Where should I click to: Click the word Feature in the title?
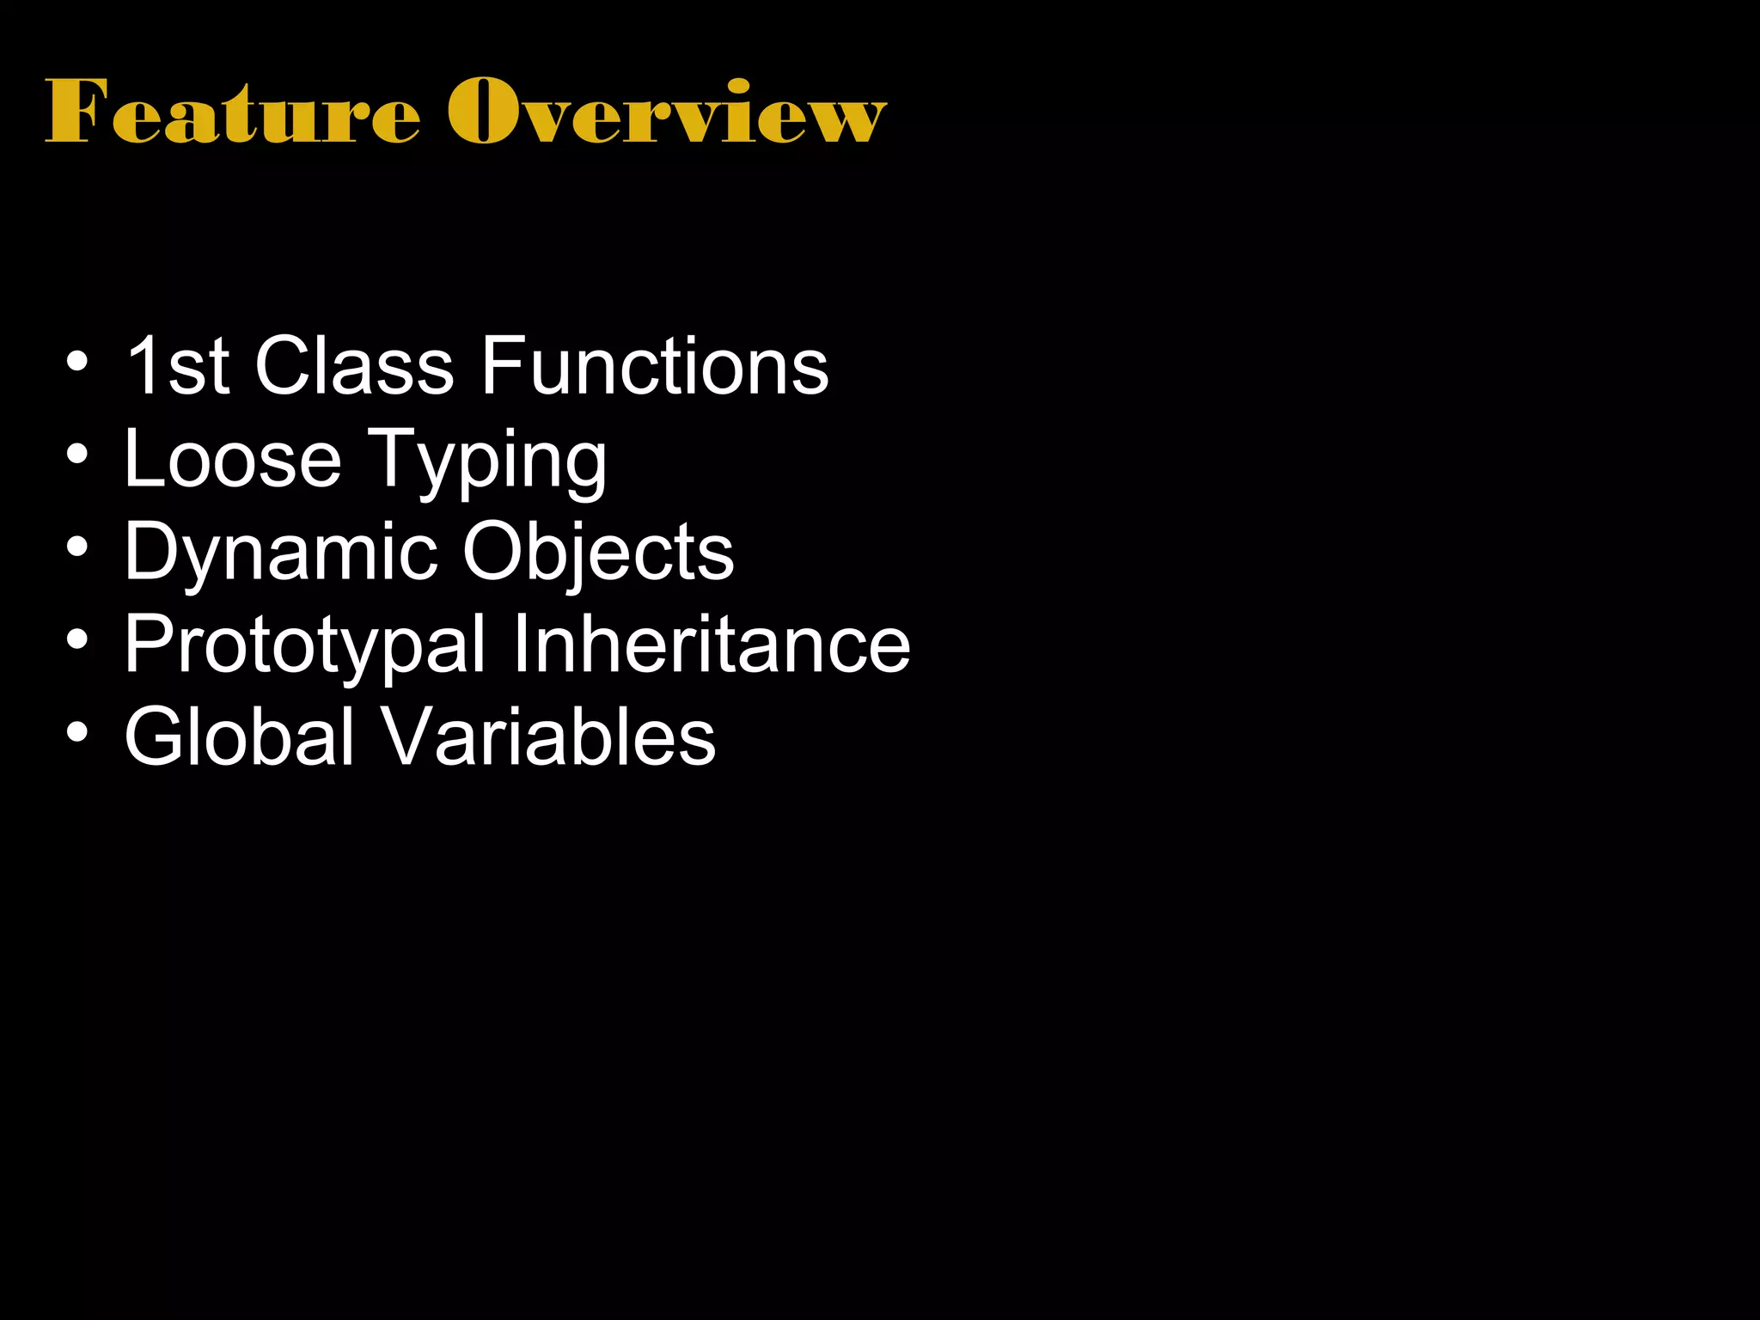pyautogui.click(x=232, y=112)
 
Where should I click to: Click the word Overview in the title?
pyautogui.click(x=666, y=112)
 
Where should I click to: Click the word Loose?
pyautogui.click(x=233, y=460)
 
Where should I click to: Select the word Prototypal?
pyautogui.click(x=305, y=646)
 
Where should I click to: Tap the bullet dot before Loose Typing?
pyautogui.click(x=77, y=455)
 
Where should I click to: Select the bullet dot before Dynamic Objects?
pyautogui.click(x=77, y=547)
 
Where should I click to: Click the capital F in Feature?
pyautogui.click(x=77, y=112)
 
